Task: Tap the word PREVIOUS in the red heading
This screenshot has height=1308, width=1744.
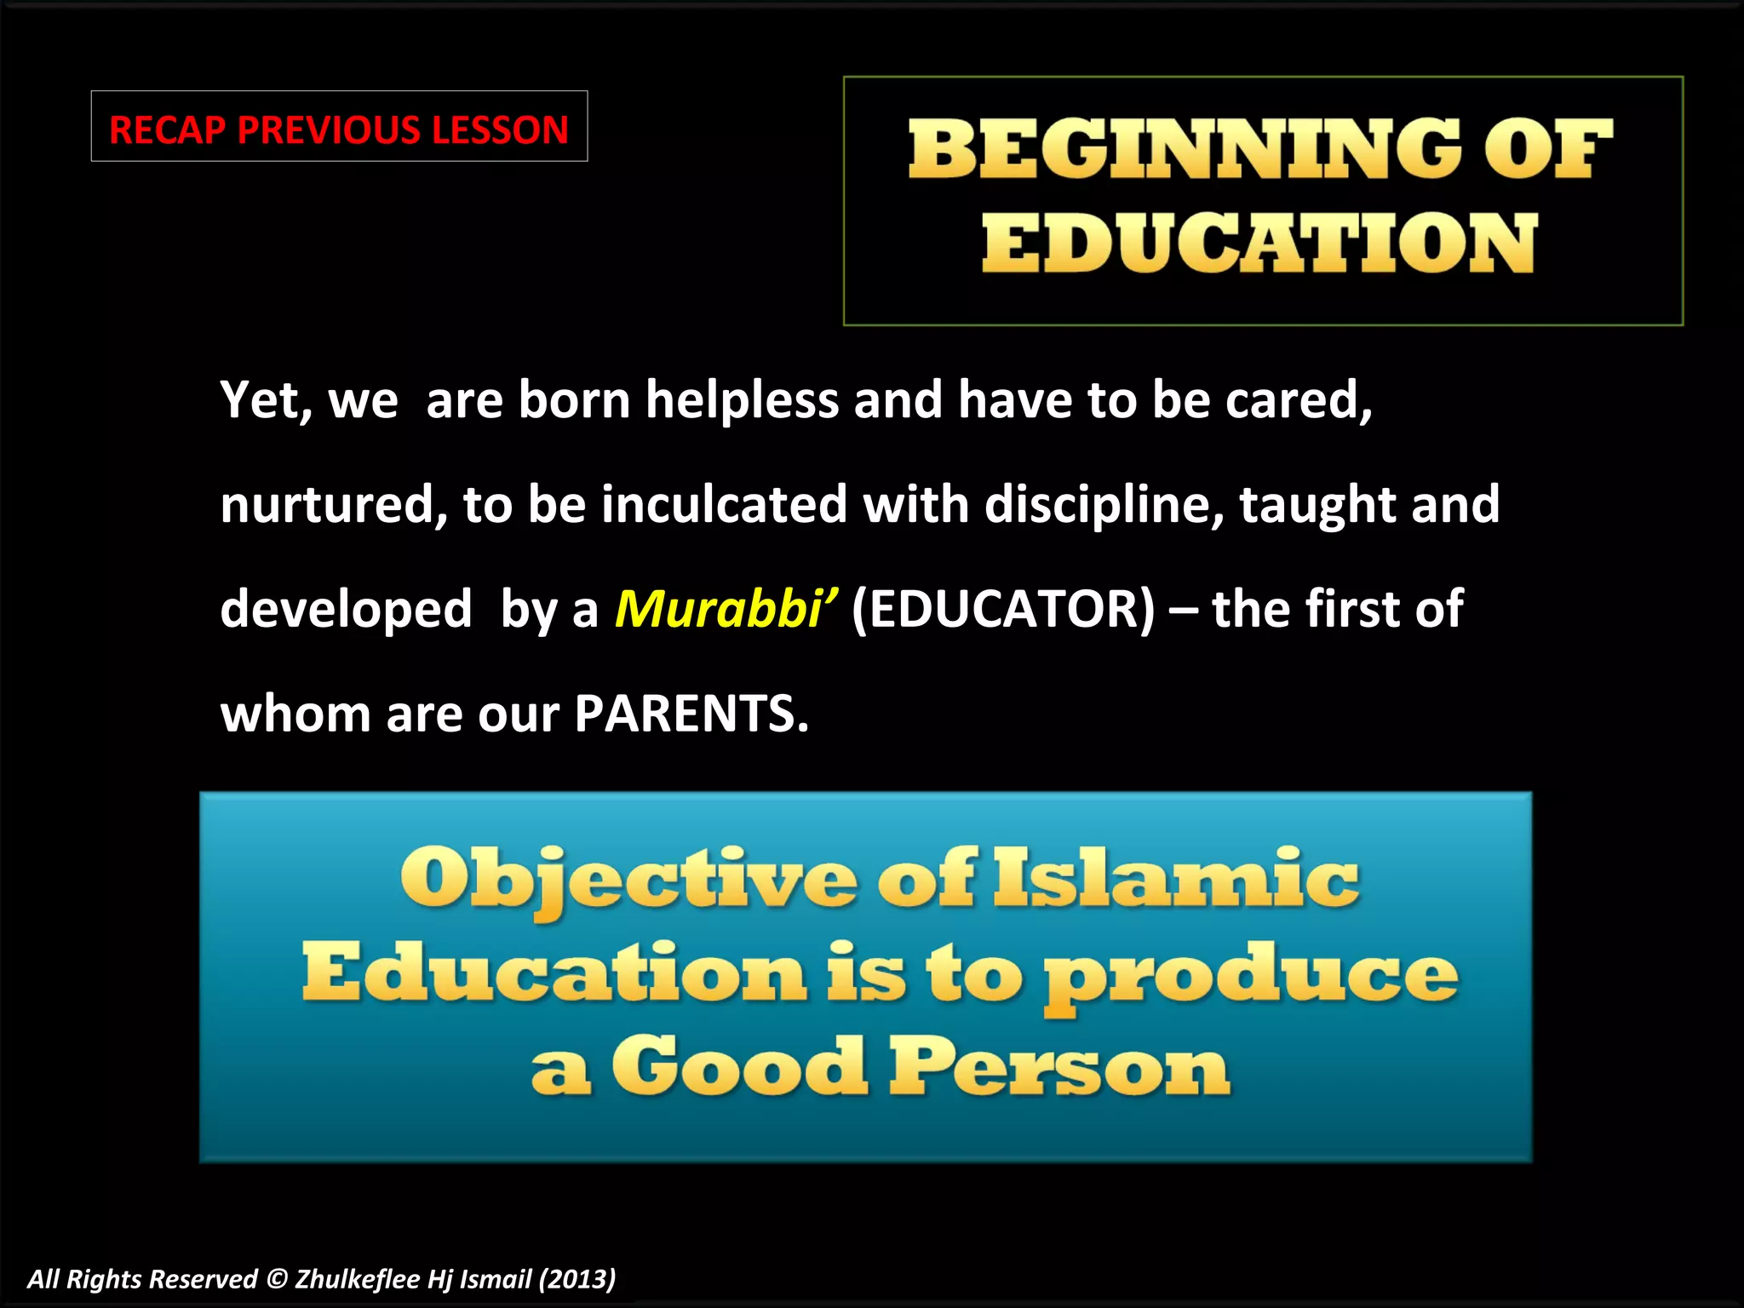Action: (330, 130)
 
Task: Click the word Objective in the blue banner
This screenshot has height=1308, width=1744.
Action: (628, 879)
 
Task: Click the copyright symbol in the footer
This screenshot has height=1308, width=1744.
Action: (277, 1279)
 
